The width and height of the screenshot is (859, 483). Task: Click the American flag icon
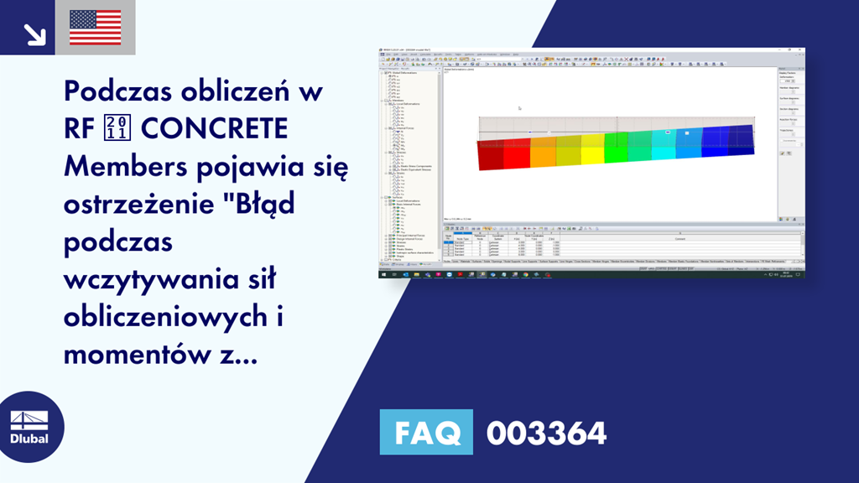pyautogui.click(x=95, y=27)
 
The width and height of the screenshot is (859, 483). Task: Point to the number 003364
pyautogui.click(x=546, y=434)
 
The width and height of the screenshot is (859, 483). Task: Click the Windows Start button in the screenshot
pyautogui.click(x=384, y=274)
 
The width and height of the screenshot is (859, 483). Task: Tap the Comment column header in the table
pyautogui.click(x=679, y=240)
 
